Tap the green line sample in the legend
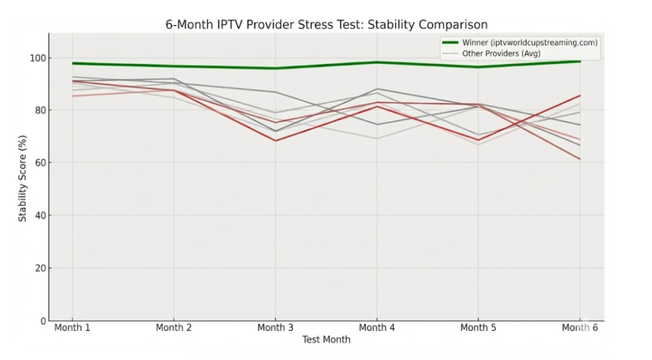pyautogui.click(x=450, y=43)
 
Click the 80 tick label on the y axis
pyautogui.click(x=41, y=111)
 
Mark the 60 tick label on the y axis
pyautogui.click(x=41, y=163)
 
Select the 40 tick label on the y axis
pyautogui.click(x=41, y=216)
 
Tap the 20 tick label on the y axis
pyautogui.click(x=41, y=268)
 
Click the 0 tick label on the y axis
pyautogui.click(x=43, y=321)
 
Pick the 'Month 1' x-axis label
pyautogui.click(x=72, y=328)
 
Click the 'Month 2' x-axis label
pyautogui.click(x=174, y=328)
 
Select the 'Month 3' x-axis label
pyautogui.click(x=275, y=328)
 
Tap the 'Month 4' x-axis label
pyautogui.click(x=377, y=328)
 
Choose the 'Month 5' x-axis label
pyautogui.click(x=478, y=328)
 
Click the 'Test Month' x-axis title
pyautogui.click(x=326, y=340)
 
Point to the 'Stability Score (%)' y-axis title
pyautogui.click(x=23, y=178)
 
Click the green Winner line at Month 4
pyautogui.click(x=377, y=62)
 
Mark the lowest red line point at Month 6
pyautogui.click(x=579, y=159)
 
